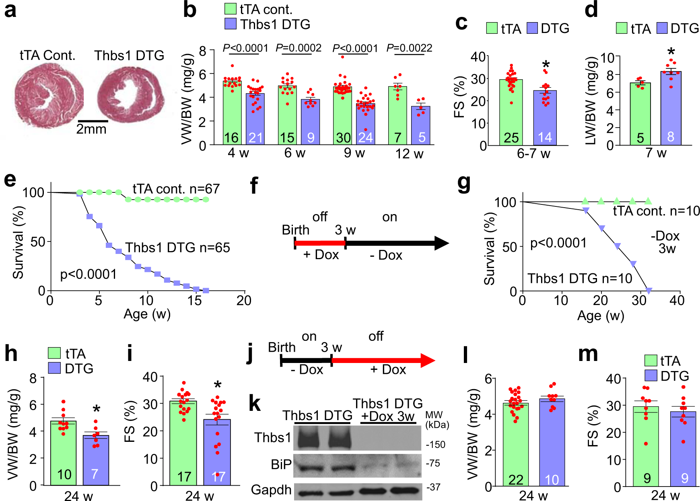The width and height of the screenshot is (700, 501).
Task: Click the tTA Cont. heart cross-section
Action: tap(49, 97)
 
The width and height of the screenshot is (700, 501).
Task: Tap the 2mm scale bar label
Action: tap(92, 129)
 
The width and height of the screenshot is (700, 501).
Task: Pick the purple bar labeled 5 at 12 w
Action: tap(421, 126)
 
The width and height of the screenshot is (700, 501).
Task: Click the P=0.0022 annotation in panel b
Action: tap(409, 48)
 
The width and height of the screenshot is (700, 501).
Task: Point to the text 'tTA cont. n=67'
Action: tap(176, 189)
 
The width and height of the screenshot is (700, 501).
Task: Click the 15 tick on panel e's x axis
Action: tap(194, 301)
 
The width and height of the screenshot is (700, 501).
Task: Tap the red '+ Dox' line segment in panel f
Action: tap(320, 243)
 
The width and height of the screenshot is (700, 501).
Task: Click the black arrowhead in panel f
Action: tap(441, 243)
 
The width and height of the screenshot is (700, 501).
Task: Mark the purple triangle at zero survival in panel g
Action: tap(648, 290)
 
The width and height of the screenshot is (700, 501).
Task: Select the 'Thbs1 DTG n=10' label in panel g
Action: tap(580, 278)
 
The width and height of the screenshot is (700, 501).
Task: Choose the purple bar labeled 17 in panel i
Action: tap(217, 453)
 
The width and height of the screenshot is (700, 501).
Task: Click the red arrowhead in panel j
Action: tap(427, 361)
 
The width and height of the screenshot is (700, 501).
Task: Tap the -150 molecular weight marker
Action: tap(436, 445)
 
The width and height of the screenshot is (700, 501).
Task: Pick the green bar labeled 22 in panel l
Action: tap(515, 445)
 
